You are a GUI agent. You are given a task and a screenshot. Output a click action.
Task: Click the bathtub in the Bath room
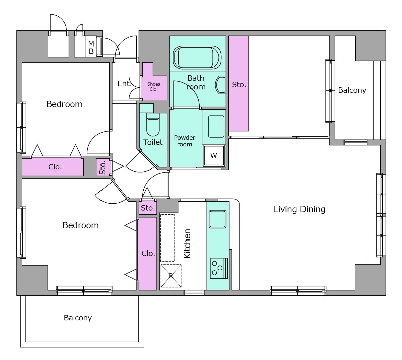coord(197,57)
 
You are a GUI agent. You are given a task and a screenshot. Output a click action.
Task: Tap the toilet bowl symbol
coord(153,125)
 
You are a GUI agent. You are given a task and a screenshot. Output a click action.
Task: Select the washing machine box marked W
coord(214,155)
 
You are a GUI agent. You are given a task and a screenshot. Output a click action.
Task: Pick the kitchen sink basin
coord(218,219)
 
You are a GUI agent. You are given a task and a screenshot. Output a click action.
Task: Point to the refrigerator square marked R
coord(171,276)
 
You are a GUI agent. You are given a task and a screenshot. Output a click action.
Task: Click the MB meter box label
coord(91,48)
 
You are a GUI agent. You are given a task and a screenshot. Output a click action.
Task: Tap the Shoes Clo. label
coord(154,86)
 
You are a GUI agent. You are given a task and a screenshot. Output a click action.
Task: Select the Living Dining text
coord(299,209)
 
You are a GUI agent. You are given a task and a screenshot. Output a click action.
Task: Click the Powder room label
coord(185,141)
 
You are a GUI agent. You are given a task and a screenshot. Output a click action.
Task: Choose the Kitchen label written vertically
coord(187,244)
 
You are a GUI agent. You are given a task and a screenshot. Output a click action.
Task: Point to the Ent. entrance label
coord(124,83)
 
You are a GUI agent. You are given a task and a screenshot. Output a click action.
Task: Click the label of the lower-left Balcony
coord(78,318)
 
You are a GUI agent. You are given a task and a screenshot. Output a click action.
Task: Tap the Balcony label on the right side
coord(352,90)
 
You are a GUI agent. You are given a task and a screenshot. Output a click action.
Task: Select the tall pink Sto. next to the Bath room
coord(238,83)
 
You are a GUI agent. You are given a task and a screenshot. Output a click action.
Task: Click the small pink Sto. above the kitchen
coord(148,208)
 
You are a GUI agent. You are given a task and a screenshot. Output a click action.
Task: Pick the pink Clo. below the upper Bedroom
coord(53,167)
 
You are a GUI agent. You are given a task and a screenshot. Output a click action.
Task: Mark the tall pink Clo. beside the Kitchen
coord(148,254)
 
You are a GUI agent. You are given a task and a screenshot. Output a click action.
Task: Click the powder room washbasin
coord(216,127)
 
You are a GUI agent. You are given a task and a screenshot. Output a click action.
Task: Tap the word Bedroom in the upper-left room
coord(65,104)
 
